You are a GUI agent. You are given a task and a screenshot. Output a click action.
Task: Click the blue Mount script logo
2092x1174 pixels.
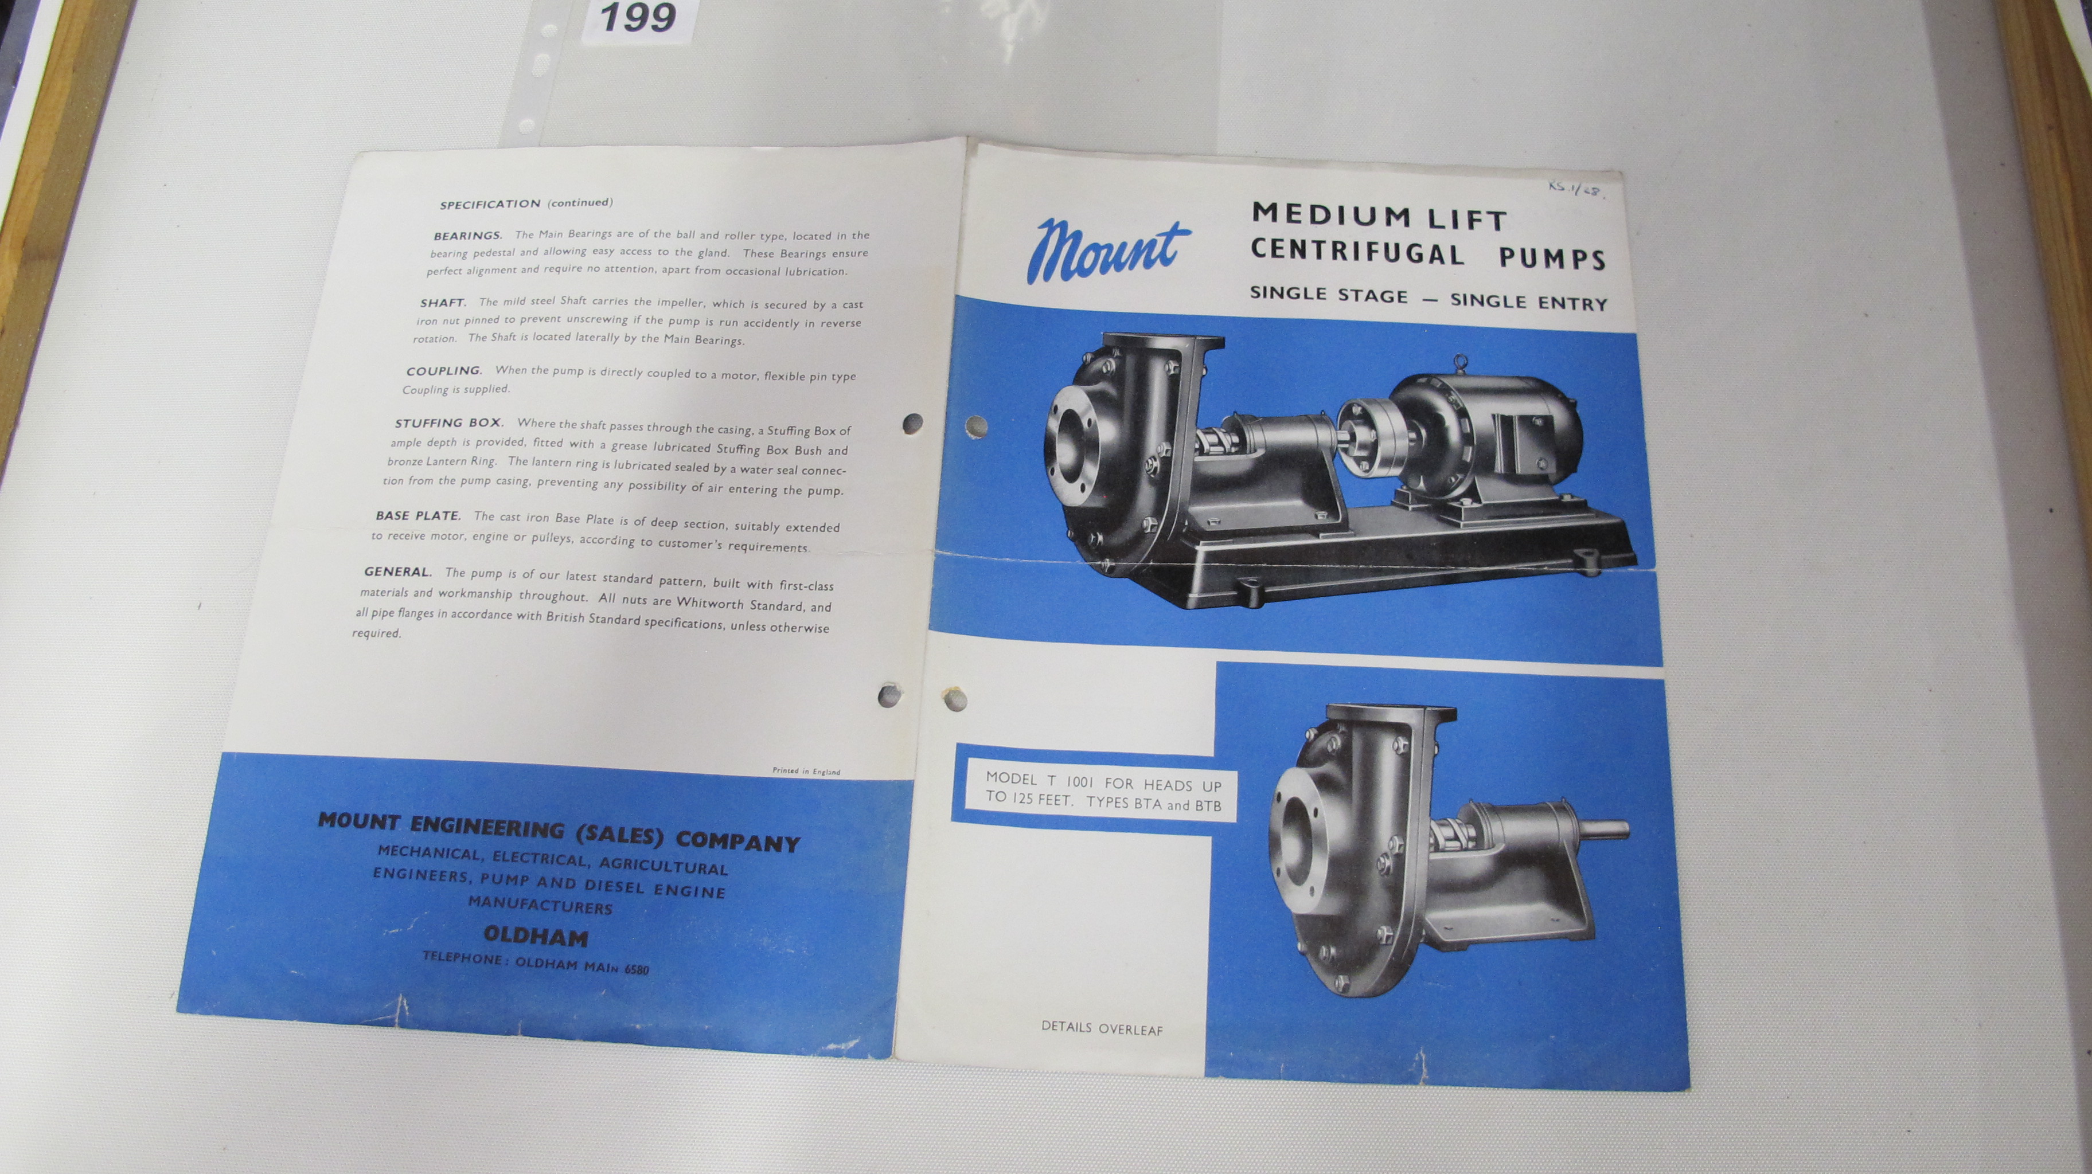tap(1109, 253)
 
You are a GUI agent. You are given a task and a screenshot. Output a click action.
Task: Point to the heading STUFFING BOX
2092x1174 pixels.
tap(449, 423)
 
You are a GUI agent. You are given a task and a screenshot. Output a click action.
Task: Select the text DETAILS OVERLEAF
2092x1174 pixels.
tap(1102, 1028)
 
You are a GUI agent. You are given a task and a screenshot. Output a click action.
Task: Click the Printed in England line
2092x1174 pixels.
tap(806, 772)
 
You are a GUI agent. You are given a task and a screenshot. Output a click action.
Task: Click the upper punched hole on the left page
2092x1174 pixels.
tap(914, 424)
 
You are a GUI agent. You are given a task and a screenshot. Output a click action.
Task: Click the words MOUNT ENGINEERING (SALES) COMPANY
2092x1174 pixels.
tap(558, 831)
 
